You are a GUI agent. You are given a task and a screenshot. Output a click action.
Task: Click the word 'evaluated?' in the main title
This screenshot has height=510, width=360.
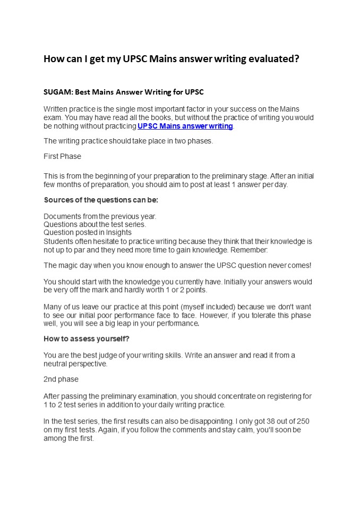[x=273, y=59]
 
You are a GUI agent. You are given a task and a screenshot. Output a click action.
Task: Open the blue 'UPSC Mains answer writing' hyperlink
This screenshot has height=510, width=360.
[x=185, y=126]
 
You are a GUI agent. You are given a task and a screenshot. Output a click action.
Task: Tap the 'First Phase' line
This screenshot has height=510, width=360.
[x=62, y=156]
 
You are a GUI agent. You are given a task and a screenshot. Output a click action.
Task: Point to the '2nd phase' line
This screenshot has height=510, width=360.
[x=61, y=379]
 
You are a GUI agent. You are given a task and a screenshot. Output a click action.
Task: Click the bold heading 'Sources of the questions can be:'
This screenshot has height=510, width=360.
[x=101, y=200]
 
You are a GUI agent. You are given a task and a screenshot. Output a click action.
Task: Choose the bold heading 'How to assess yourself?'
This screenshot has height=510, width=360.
[x=86, y=338]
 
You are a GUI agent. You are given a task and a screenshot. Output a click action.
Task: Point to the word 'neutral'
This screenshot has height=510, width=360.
[x=56, y=364]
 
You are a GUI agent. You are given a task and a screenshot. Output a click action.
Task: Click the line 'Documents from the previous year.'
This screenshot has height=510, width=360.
[x=100, y=216]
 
